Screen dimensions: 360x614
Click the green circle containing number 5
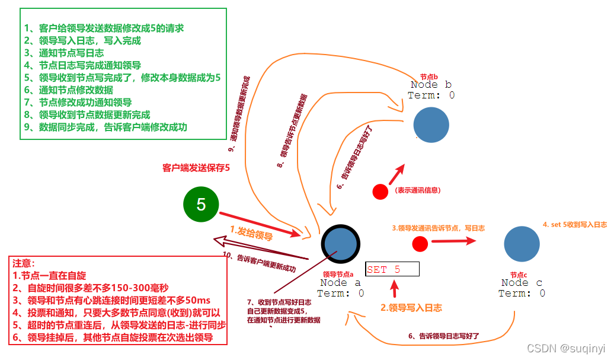[201, 205]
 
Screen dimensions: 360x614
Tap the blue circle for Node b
[431, 124]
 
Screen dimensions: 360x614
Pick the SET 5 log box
[392, 269]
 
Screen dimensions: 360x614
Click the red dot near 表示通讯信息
[380, 192]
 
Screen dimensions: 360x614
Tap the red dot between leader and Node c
[420, 243]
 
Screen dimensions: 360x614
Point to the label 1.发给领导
[251, 232]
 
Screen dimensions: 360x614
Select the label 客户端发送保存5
[196, 168]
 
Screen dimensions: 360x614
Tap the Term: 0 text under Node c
[522, 293]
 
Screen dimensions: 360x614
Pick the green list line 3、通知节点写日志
[64, 53]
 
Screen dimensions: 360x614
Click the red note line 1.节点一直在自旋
[49, 275]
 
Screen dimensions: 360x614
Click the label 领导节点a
[338, 275]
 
